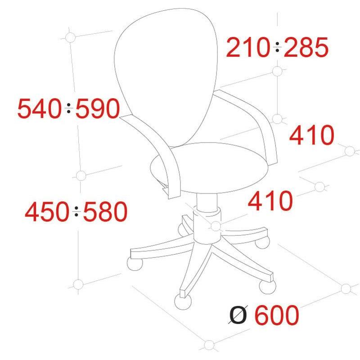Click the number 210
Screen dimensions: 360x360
247,47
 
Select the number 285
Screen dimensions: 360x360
306,47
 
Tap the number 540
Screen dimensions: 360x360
40,108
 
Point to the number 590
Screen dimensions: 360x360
98,108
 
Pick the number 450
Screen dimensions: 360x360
47,211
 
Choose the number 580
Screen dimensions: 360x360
105,211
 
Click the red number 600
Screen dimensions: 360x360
277,315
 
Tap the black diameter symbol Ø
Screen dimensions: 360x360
238,315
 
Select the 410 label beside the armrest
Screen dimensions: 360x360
311,135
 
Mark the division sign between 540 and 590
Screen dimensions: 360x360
69,108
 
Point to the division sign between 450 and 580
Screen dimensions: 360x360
76,211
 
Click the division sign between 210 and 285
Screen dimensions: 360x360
277,47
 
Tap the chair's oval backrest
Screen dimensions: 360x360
166,76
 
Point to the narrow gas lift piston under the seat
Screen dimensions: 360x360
207,202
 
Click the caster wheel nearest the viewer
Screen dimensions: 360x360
183,301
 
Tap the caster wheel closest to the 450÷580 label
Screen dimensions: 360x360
135,264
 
